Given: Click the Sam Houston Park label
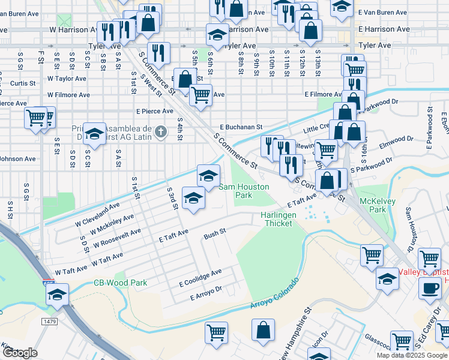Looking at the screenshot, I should (x=243, y=191).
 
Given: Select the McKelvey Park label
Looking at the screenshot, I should (x=372, y=205).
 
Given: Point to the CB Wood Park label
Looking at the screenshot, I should (x=120, y=283).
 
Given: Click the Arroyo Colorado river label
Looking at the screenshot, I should (x=274, y=294).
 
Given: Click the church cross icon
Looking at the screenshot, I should (x=160, y=131).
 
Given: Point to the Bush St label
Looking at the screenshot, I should (x=214, y=232).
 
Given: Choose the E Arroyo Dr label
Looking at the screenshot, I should (x=206, y=293).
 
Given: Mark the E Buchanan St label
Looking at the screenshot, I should (x=241, y=127).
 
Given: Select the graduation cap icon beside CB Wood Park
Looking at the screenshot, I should (x=57, y=295).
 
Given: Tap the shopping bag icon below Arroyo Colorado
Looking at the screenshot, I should (x=263, y=329).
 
